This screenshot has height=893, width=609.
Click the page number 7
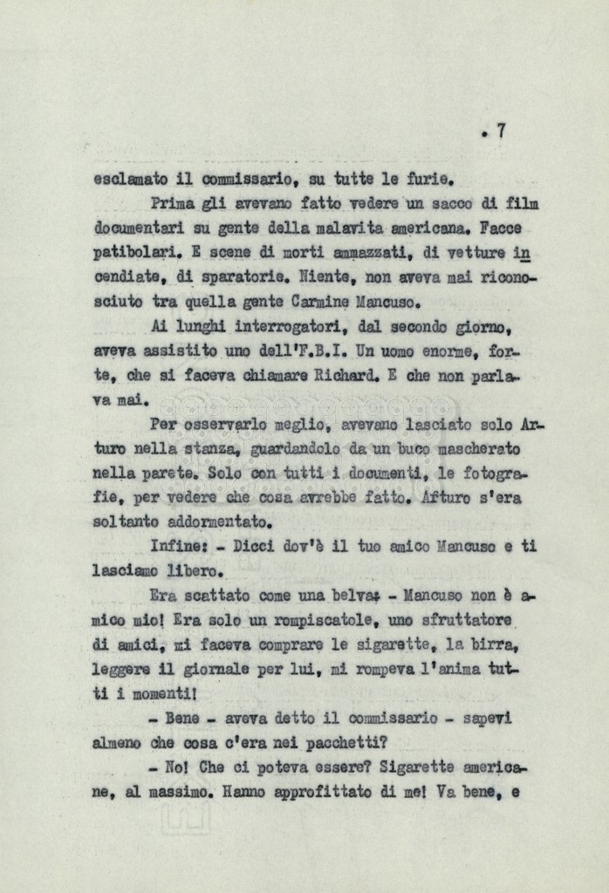[x=501, y=132]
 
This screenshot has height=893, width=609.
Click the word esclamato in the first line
[x=128, y=181]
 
